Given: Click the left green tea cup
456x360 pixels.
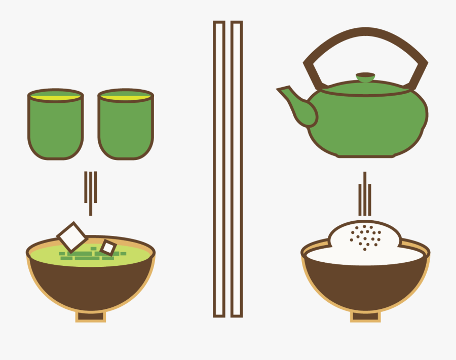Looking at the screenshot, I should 56,127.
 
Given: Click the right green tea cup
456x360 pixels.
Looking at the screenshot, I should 125,127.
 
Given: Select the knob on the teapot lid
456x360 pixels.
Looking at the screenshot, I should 365,77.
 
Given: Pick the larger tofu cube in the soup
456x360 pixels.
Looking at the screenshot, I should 72,236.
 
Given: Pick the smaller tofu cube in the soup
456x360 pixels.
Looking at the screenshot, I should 108,247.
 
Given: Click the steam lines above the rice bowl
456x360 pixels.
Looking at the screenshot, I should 364,195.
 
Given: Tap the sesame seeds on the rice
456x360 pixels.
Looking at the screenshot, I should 365,235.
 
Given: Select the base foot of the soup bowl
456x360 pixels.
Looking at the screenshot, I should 91,317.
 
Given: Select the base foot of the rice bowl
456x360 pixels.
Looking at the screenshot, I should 365,317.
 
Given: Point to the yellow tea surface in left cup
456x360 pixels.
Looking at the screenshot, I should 56,95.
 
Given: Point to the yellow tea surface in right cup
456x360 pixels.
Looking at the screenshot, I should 125,95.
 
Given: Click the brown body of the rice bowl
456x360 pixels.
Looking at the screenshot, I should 365,286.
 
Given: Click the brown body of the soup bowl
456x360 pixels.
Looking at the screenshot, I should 91,286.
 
